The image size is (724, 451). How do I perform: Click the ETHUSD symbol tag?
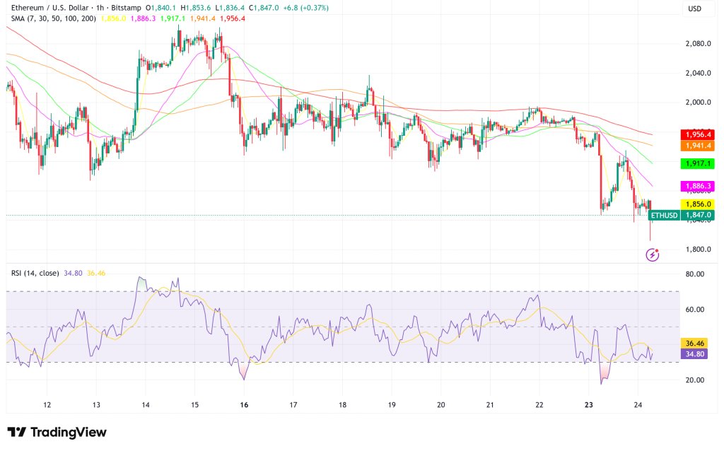[664, 215]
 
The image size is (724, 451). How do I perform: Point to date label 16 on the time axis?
[244, 405]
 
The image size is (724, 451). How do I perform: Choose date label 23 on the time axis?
[589, 405]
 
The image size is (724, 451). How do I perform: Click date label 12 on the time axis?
[47, 405]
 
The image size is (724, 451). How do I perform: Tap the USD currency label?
[696, 8]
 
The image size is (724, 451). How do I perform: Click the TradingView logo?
[57, 432]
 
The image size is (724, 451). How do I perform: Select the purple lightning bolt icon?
[653, 254]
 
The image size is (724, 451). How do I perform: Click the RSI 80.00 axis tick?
[694, 274]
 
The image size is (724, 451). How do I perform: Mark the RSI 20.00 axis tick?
[694, 380]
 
